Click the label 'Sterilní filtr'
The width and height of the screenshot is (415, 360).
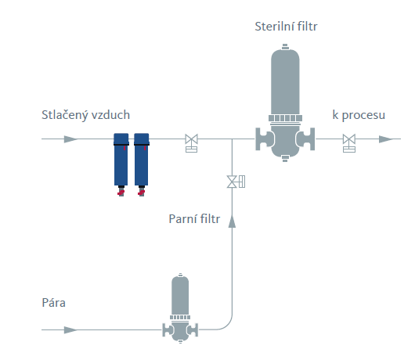[x=286, y=27]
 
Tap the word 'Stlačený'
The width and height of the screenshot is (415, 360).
[x=64, y=115]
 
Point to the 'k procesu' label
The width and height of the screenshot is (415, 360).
[x=359, y=115]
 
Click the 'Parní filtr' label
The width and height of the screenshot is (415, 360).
[x=194, y=219]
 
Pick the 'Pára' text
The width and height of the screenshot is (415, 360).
[x=53, y=303]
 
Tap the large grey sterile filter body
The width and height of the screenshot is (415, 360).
[x=285, y=103]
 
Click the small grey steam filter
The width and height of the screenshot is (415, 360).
[x=180, y=308]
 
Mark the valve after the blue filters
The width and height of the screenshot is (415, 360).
[x=191, y=143]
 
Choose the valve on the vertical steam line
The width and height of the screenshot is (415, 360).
[x=236, y=182]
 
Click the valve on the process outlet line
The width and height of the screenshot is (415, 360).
[x=349, y=143]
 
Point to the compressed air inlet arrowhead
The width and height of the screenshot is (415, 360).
[x=71, y=139]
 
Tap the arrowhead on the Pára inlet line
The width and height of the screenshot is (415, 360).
[x=71, y=329]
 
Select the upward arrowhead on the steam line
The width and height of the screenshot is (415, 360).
[x=232, y=221]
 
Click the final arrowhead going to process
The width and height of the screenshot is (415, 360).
[x=386, y=139]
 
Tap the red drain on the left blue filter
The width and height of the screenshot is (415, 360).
[x=121, y=193]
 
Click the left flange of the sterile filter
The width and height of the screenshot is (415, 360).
[x=264, y=139]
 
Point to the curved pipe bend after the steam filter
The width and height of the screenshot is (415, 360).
[x=227, y=326]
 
